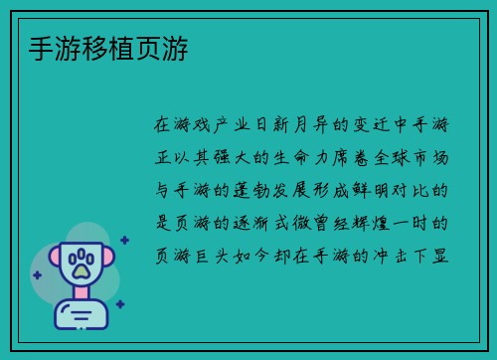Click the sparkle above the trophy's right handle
(x=124, y=240)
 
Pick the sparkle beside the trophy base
(x=119, y=304)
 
